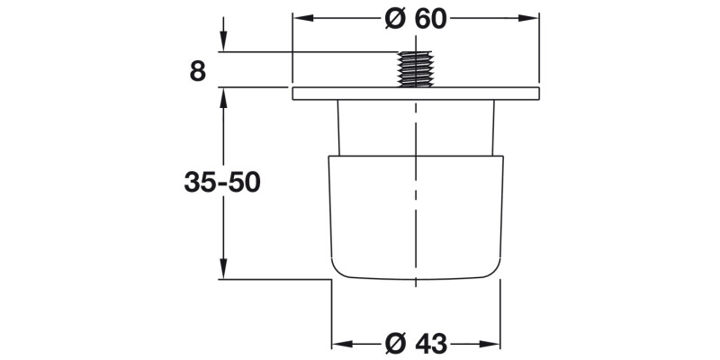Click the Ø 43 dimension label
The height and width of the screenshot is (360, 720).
click(x=416, y=343)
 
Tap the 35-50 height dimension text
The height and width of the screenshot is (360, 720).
click(x=221, y=182)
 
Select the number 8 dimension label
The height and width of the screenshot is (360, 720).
click(x=198, y=71)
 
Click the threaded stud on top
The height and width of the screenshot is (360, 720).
click(x=416, y=69)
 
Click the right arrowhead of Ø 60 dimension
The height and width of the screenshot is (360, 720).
click(x=530, y=18)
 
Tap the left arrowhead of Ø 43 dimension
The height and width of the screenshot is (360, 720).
click(x=340, y=343)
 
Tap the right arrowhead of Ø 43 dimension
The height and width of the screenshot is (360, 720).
click(x=494, y=343)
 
